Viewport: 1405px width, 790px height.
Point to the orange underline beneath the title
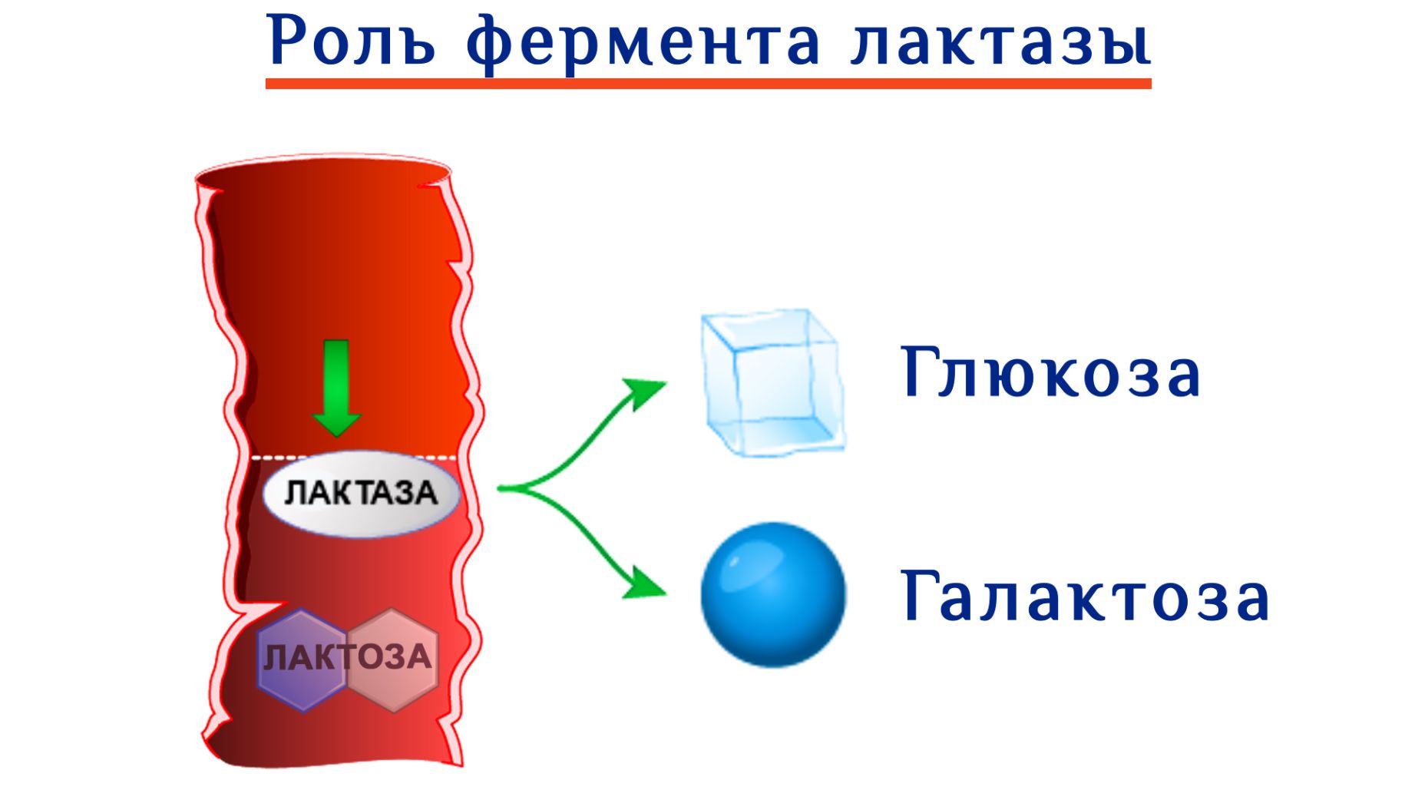point(708,83)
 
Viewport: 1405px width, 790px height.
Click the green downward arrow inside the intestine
point(336,388)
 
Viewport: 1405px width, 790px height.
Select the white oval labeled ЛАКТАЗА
point(361,493)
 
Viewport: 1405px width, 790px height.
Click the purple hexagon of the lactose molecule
point(302,660)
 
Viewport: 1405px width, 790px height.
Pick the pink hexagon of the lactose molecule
point(392,660)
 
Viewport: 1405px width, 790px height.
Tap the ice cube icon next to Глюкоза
point(772,382)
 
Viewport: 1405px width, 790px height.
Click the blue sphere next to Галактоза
point(773,595)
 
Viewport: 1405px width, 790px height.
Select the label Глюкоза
point(1050,372)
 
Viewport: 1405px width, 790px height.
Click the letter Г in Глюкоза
point(919,372)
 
